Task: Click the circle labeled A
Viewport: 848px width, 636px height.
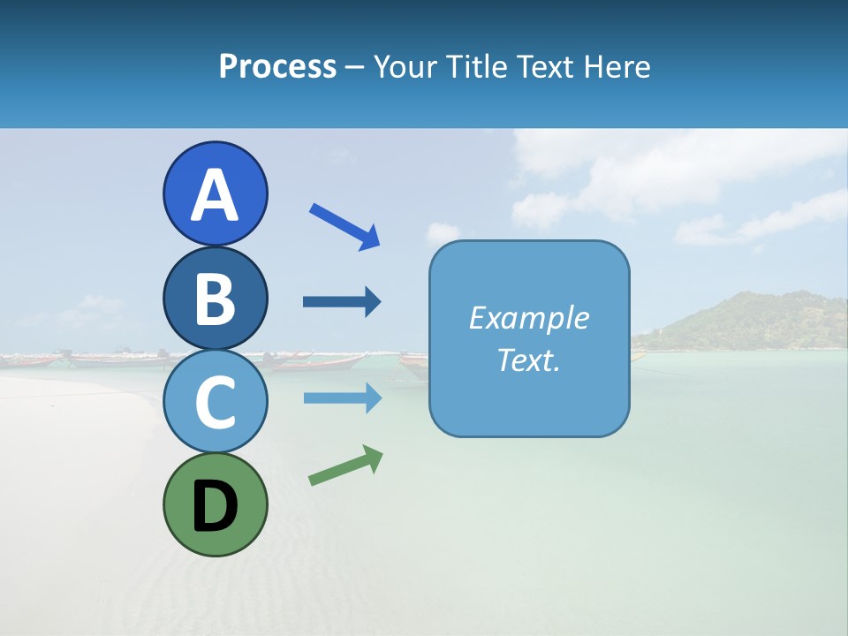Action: pyautogui.click(x=215, y=193)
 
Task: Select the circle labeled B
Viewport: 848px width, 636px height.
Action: pyautogui.click(x=215, y=299)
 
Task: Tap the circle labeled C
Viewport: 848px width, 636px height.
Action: pyautogui.click(x=215, y=402)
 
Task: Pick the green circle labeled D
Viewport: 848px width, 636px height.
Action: pyautogui.click(x=215, y=504)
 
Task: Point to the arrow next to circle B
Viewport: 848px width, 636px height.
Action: pyautogui.click(x=342, y=302)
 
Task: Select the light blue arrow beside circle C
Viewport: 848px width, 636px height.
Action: pyautogui.click(x=342, y=398)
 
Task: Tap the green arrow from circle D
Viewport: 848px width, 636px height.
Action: pyautogui.click(x=345, y=466)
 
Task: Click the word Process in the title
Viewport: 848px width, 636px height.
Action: pyautogui.click(x=277, y=67)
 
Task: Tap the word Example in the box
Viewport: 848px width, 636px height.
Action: pyautogui.click(x=528, y=318)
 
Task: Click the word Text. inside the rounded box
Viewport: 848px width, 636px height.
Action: pyautogui.click(x=528, y=360)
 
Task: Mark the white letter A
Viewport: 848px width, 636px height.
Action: pyautogui.click(x=215, y=195)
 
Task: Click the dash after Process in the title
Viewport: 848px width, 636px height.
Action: pyautogui.click(x=354, y=67)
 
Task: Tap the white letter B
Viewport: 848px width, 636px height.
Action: pyautogui.click(x=215, y=299)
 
